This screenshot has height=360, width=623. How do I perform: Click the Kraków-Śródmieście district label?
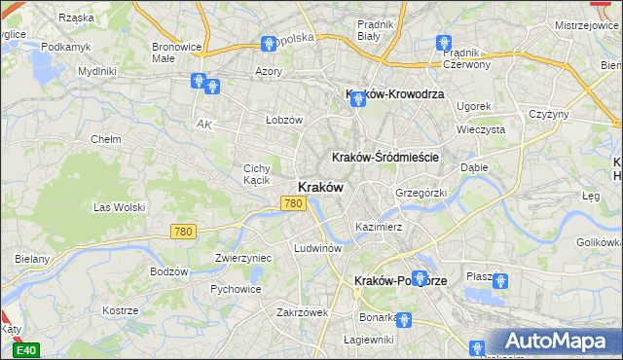pos(386,157)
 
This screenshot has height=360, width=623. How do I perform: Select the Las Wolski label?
pos(119,207)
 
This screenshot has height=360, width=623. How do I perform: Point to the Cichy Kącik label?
pos(263,174)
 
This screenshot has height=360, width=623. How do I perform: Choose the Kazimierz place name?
pos(379,226)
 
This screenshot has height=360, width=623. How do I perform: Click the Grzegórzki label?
pos(421,193)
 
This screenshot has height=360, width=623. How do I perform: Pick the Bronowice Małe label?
pos(177,52)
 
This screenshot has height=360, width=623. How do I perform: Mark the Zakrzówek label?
pos(303,312)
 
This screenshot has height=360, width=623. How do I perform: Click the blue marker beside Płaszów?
pos(500,281)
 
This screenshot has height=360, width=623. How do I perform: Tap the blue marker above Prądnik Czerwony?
pos(444,43)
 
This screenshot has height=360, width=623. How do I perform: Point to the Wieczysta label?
pos(481,128)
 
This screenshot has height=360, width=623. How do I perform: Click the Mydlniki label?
pos(97,71)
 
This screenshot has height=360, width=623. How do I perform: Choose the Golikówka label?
pos(599,241)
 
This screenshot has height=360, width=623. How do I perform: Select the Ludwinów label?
pos(317,248)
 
